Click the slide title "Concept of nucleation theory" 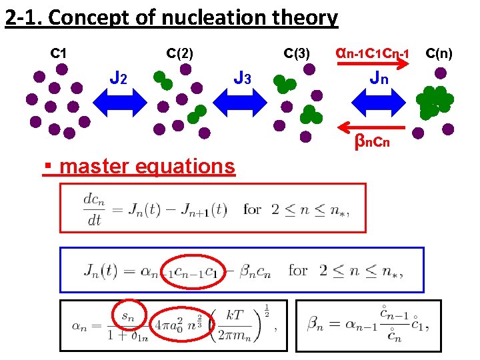(193, 18)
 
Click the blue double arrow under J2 (119, 103)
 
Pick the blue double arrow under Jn (378, 103)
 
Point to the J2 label (118, 79)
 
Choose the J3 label (242, 79)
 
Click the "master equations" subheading (147, 165)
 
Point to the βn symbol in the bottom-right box (316, 325)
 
